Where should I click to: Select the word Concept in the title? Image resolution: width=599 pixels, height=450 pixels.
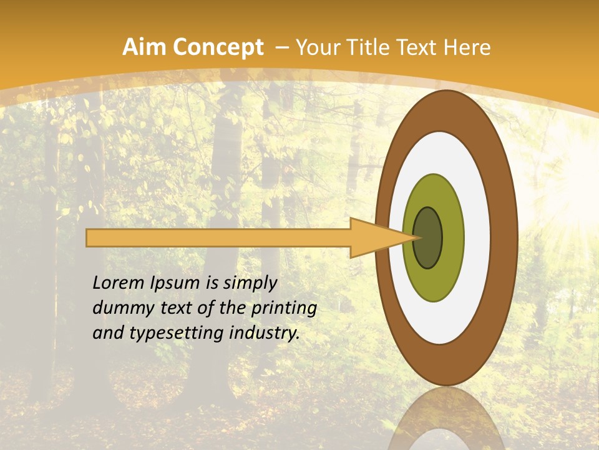tap(218, 47)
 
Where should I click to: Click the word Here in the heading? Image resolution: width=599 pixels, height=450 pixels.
tap(467, 47)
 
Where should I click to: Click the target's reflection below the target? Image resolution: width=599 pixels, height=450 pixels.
tap(447, 419)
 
